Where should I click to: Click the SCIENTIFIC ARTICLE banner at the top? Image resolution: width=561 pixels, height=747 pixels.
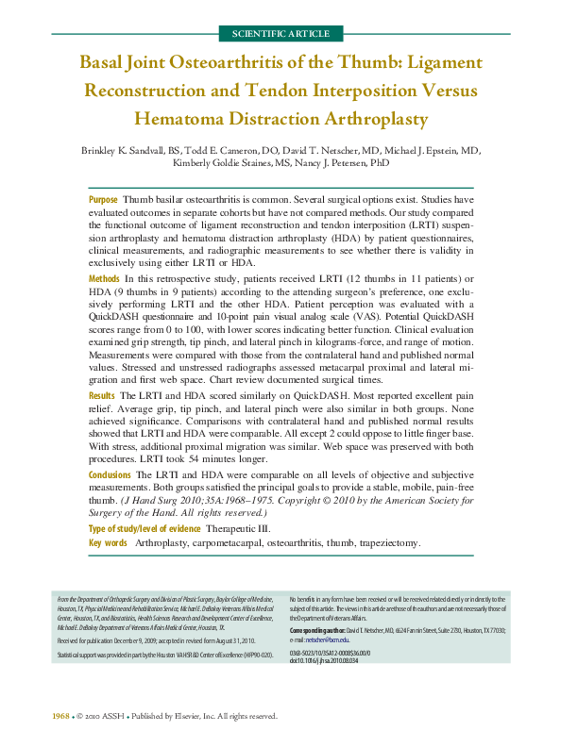[280, 34]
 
